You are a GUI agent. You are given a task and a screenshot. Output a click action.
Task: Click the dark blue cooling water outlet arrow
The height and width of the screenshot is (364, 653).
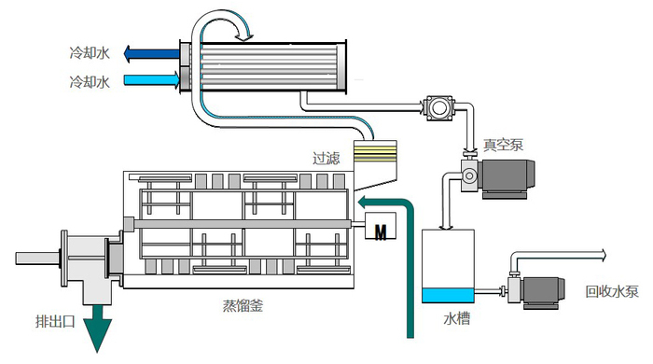click(x=152, y=54)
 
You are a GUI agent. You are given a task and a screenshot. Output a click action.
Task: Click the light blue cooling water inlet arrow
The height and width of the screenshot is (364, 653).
click(x=152, y=79)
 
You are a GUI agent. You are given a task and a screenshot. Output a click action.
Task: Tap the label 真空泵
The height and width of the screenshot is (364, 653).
click(x=503, y=145)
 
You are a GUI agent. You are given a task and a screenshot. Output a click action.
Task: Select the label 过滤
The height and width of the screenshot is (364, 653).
click(x=326, y=159)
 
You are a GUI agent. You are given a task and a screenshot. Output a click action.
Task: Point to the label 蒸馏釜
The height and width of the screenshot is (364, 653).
click(x=243, y=306)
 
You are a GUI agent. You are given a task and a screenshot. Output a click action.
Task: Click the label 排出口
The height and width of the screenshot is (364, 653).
click(x=55, y=321)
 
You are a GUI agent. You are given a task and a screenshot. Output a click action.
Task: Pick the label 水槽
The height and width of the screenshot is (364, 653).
click(x=457, y=318)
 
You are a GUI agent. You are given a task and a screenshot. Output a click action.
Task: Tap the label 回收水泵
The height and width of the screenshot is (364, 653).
click(x=612, y=291)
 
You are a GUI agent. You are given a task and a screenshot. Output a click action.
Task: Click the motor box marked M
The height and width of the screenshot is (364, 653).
click(x=381, y=225)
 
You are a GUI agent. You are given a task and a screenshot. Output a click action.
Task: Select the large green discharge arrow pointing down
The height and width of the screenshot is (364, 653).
click(x=98, y=327)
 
